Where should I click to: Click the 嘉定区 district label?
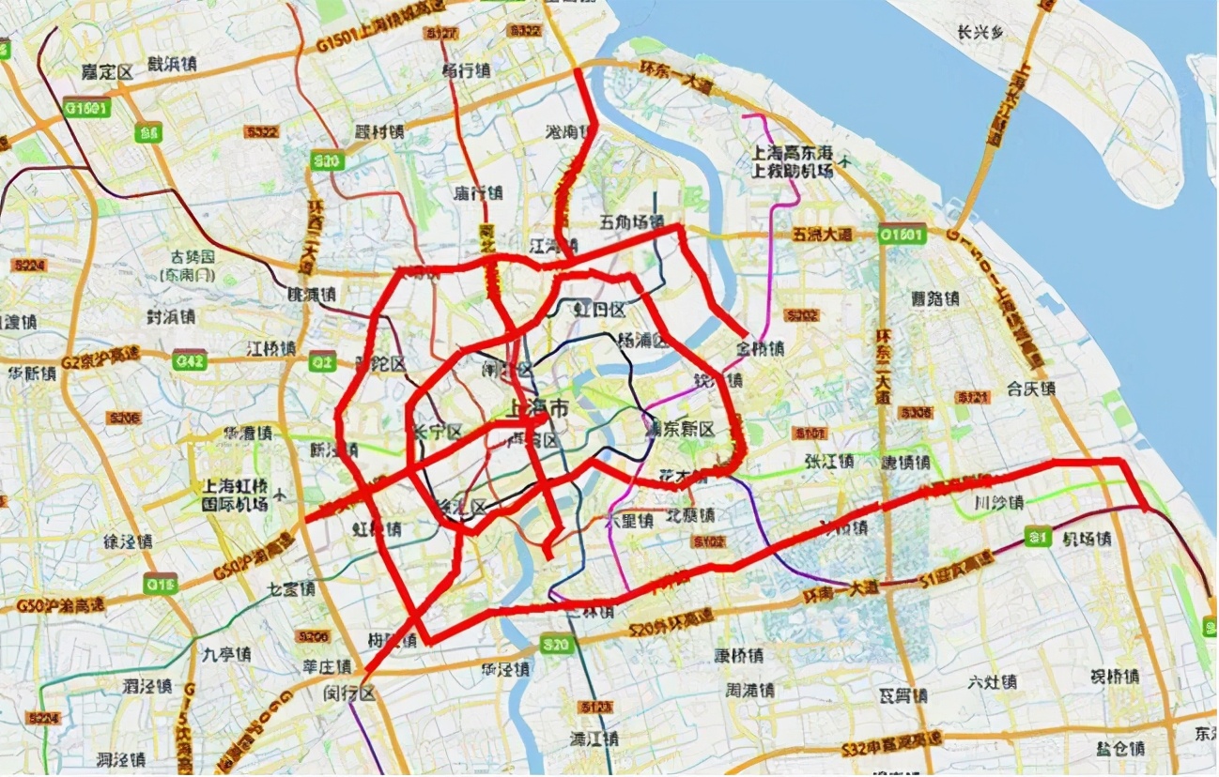(106, 70)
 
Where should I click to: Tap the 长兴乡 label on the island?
(980, 33)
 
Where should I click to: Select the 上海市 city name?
(536, 408)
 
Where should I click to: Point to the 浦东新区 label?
(681, 429)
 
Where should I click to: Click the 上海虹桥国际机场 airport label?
(235, 495)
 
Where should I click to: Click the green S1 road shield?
(1037, 537)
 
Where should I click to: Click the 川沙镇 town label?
(997, 502)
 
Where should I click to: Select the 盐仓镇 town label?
(1119, 749)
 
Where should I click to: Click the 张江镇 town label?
(828, 461)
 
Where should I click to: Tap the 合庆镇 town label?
(1031, 388)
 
